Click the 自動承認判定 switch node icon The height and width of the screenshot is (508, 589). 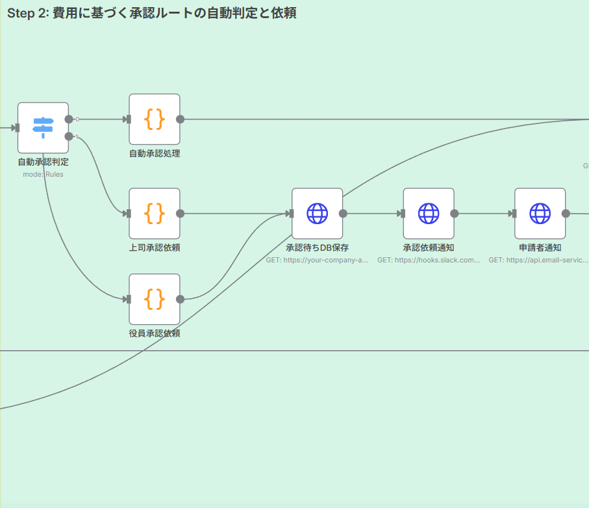pyautogui.click(x=43, y=127)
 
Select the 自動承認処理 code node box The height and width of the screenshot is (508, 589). pyautogui.click(x=154, y=119)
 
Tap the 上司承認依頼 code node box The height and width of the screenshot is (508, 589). pyautogui.click(x=154, y=213)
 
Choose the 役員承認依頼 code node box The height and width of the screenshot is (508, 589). pyautogui.click(x=154, y=299)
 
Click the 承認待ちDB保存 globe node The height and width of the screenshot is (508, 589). pyautogui.click(x=317, y=213)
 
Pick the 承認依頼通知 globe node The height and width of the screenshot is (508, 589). pyautogui.click(x=428, y=213)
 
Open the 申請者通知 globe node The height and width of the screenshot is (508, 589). pyautogui.click(x=540, y=213)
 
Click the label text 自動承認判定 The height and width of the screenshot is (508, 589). pyautogui.click(x=43, y=162)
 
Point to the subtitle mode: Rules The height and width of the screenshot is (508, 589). pyautogui.click(x=43, y=174)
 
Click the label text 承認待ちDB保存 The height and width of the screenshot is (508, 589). pyautogui.click(x=317, y=248)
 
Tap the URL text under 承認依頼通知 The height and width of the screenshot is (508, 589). pyautogui.click(x=428, y=260)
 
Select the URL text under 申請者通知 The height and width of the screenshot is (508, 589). pyautogui.click(x=539, y=260)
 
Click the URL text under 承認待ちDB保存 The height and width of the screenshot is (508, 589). pyautogui.click(x=317, y=260)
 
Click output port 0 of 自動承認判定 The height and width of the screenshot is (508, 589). pyautogui.click(x=69, y=119)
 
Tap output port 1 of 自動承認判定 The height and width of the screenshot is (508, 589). pyautogui.click(x=69, y=136)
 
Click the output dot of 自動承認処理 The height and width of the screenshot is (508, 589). pyautogui.click(x=181, y=119)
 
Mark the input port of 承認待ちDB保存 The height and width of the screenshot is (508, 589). pyautogui.click(x=292, y=213)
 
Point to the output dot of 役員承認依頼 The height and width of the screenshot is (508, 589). pyautogui.click(x=181, y=299)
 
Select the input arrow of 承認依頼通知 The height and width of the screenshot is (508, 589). pyautogui.click(x=403, y=213)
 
